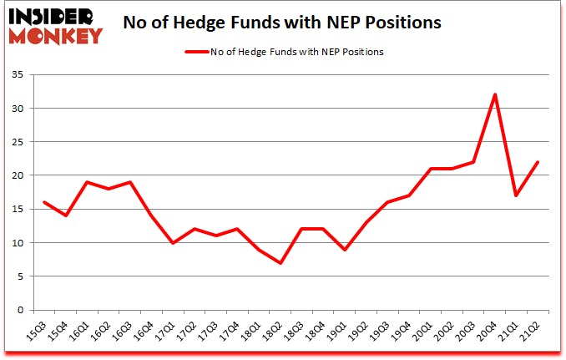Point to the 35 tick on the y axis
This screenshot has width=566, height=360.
(23, 75)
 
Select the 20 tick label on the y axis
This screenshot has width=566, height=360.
(23, 175)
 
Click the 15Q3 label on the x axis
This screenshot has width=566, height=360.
(37, 331)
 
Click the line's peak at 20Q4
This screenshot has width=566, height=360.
(495, 94)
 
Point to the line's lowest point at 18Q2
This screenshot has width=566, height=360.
(280, 263)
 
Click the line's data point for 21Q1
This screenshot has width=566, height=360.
(517, 195)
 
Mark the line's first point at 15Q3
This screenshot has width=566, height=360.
(43, 202)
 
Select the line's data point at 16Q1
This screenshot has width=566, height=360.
(87, 182)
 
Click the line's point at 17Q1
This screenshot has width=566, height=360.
(172, 243)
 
